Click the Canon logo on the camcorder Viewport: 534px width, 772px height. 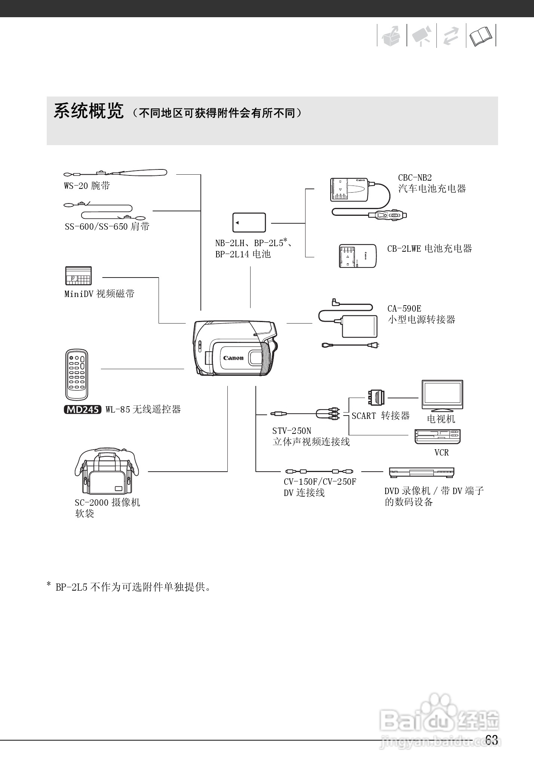[233, 358]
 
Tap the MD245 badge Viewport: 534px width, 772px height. [83, 410]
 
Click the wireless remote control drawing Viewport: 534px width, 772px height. [77, 374]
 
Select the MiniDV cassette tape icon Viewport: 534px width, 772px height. [78, 276]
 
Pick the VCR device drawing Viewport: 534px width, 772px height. [438, 436]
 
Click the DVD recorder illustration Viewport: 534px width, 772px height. [421, 472]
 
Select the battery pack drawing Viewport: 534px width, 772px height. [249, 223]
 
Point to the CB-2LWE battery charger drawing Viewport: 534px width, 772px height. [357, 256]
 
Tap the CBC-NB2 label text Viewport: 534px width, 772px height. [415, 178]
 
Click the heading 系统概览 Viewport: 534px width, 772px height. [89, 111]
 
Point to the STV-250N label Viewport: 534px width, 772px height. [292, 431]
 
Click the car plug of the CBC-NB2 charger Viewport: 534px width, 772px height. [387, 215]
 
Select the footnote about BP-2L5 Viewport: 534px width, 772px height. [129, 587]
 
